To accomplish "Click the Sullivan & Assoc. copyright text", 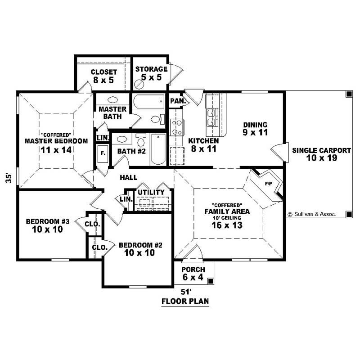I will click(x=312, y=215).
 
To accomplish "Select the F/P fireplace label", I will click(x=269, y=184).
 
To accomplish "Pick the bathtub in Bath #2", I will click(x=158, y=149).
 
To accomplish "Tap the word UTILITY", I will click(x=151, y=193).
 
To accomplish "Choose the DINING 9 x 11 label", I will click(x=255, y=129).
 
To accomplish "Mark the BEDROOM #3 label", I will click(x=47, y=225).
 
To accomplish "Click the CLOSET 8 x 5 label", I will click(x=104, y=76).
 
